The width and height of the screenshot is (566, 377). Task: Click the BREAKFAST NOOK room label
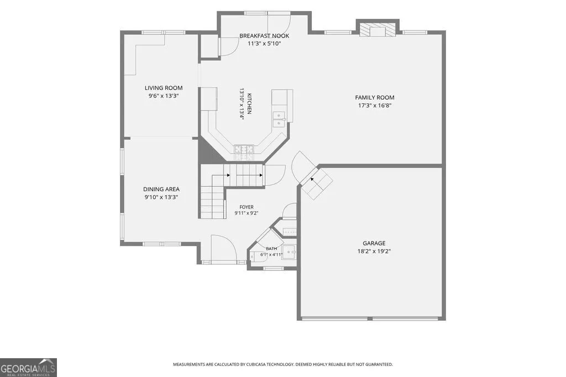pyautogui.click(x=264, y=36)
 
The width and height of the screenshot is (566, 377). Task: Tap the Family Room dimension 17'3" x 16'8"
pyautogui.click(x=374, y=106)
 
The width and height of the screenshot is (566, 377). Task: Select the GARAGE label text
pyautogui.click(x=374, y=243)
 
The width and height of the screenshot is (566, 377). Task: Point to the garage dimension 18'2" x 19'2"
pyautogui.click(x=374, y=252)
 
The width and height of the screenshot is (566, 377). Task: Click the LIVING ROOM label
pyautogui.click(x=164, y=88)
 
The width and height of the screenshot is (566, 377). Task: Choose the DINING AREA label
pyautogui.click(x=161, y=189)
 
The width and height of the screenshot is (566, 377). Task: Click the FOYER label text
pyautogui.click(x=247, y=207)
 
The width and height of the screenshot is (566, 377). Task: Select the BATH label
pyautogui.click(x=271, y=248)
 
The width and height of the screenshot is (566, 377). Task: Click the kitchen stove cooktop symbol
pyautogui.click(x=244, y=149)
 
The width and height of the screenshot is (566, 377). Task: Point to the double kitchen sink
pyautogui.click(x=279, y=119)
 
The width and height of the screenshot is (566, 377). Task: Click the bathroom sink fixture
pyautogui.click(x=289, y=252)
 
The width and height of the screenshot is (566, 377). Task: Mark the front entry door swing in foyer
pyautogui.click(x=223, y=248)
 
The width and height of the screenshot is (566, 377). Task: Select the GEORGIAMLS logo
pyautogui.click(x=28, y=368)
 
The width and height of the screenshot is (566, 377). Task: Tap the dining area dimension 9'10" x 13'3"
pyautogui.click(x=161, y=197)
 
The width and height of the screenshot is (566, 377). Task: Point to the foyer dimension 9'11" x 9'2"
pyautogui.click(x=246, y=213)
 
